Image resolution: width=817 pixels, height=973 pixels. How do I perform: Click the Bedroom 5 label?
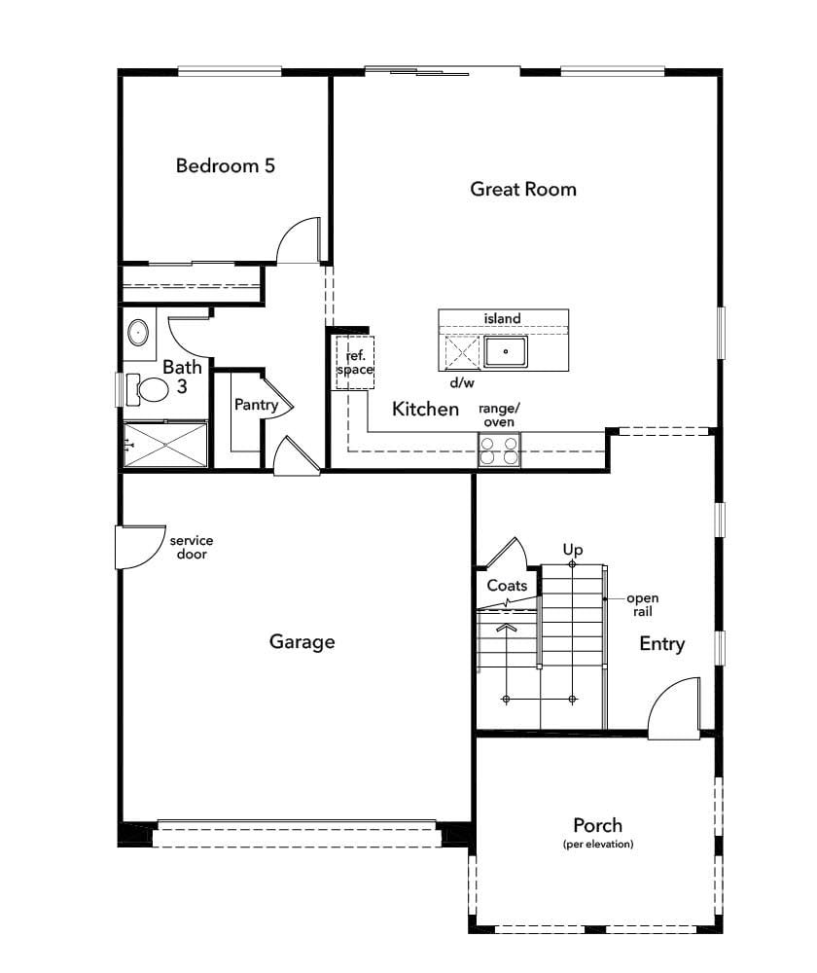coord(226,165)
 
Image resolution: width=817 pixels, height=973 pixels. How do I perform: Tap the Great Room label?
coord(523,189)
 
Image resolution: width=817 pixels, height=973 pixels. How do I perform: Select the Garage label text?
coord(302,641)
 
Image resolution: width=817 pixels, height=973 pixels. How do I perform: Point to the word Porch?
coord(597,825)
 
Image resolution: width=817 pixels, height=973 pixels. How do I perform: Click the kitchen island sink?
coord(506,352)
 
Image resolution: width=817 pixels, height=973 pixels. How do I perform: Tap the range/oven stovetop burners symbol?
coord(499,450)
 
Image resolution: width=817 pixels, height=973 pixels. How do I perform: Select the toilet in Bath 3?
coord(148,390)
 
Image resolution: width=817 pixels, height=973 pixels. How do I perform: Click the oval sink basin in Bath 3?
coord(138,333)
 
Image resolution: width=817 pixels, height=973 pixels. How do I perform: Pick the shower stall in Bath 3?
coord(165,445)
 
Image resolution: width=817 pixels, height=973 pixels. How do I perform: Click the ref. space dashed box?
coord(355,363)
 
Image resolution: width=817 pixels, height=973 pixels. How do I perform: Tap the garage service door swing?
coord(141,547)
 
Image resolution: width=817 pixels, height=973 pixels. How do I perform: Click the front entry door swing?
coord(675,707)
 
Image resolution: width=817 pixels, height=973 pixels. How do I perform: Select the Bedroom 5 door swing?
coord(299,240)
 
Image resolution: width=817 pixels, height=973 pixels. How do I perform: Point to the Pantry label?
coord(256,405)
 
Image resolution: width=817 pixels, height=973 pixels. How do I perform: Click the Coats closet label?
coord(507,585)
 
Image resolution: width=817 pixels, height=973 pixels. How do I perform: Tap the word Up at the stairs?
coord(573,550)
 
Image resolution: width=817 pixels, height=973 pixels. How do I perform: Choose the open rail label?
coord(643,605)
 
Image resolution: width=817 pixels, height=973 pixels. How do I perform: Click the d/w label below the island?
coord(462,382)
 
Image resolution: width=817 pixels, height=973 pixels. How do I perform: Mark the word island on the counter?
coord(503,318)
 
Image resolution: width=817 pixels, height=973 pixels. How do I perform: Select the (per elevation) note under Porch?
coord(598,844)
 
